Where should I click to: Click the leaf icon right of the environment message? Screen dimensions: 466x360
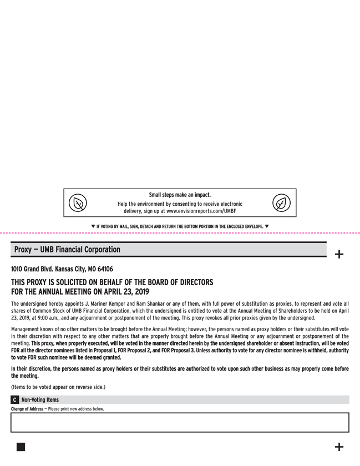pyautogui.click(x=281, y=203)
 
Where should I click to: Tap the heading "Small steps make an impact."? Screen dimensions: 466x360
pyautogui.click(x=180, y=195)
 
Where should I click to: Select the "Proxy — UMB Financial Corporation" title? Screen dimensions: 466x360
pyautogui.click(x=67, y=250)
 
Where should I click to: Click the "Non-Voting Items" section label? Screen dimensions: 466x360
pyautogui.click(x=39, y=400)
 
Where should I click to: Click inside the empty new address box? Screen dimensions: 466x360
pyautogui.click(x=180, y=422)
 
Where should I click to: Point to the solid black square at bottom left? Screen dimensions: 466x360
pyautogui.click(x=21, y=447)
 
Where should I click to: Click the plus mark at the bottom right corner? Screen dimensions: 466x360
pyautogui.click(x=339, y=447)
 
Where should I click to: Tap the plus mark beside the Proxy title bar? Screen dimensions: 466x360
pyautogui.click(x=339, y=255)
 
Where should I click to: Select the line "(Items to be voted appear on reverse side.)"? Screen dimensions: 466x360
pyautogui.click(x=58, y=387)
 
